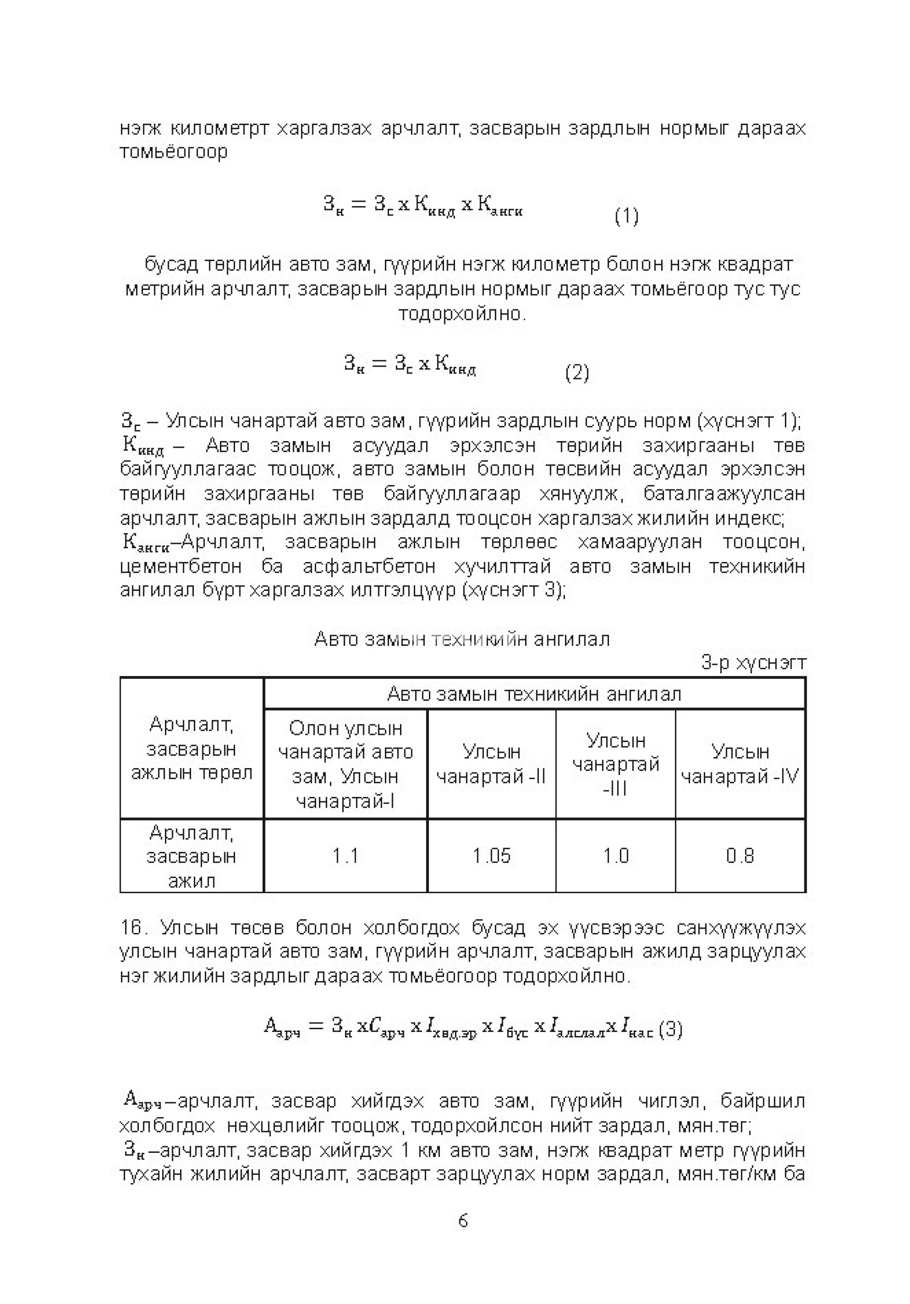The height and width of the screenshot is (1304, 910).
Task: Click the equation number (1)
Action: [626, 217]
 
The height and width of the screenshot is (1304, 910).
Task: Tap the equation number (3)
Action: [670, 1029]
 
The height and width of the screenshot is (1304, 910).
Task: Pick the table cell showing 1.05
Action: [491, 855]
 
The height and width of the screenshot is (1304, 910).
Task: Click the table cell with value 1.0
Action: [615, 855]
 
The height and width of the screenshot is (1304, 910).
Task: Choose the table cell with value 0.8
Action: [739, 855]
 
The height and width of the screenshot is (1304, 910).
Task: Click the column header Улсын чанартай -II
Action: [491, 764]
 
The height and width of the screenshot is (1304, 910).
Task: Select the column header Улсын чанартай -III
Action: [615, 764]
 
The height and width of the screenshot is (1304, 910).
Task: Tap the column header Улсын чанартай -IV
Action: [739, 764]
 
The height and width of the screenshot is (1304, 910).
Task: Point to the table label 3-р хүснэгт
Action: [753, 663]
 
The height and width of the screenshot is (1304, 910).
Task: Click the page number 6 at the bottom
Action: [463, 1221]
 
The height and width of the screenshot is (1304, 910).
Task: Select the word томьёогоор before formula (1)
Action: [173, 152]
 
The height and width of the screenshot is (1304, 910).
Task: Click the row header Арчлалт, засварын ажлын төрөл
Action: [191, 749]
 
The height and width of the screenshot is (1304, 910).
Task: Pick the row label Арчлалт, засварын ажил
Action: [191, 856]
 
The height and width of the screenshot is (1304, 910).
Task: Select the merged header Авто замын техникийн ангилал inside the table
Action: [534, 694]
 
